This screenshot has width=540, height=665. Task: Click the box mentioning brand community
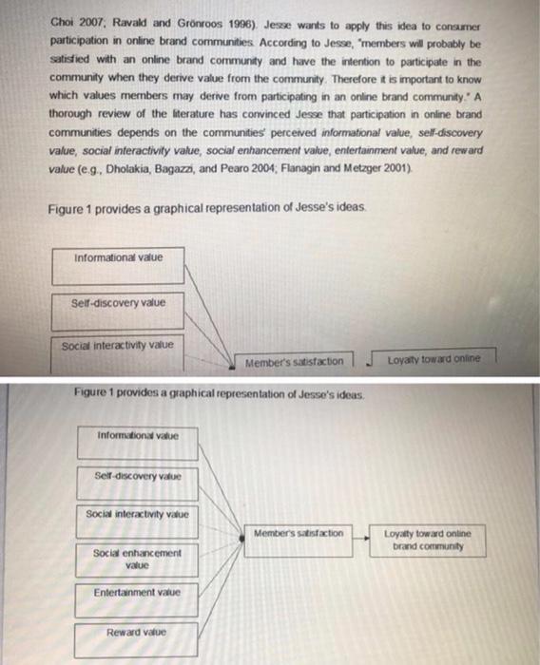[427, 540]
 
